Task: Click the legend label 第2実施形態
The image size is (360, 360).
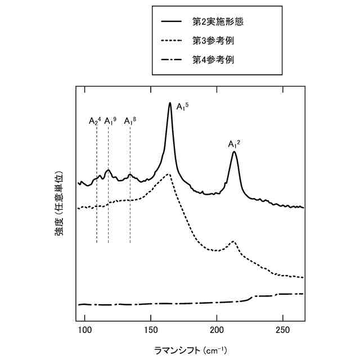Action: [218, 22]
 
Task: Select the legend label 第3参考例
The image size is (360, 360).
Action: [213, 40]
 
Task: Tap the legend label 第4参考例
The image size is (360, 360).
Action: [213, 59]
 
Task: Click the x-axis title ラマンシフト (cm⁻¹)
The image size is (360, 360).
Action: [191, 350]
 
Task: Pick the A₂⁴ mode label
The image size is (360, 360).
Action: [95, 120]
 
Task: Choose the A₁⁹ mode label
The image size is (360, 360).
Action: [110, 120]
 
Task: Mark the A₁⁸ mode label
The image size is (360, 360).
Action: [130, 120]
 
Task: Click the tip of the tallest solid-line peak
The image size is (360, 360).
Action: [170, 103]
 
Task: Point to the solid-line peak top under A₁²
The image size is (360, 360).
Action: [234, 152]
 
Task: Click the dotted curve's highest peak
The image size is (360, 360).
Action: [168, 174]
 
